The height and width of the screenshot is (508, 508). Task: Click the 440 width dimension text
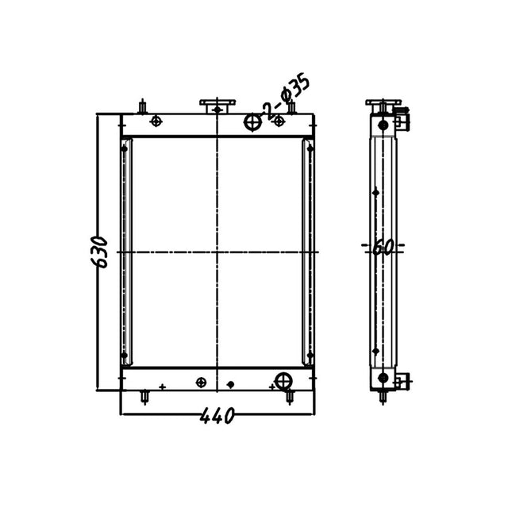point(216,415)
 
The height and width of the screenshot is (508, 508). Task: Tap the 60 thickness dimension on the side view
point(383,248)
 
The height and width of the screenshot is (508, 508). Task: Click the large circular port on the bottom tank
point(283,379)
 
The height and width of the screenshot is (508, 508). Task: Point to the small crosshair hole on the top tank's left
point(156,121)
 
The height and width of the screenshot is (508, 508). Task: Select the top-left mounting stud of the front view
point(142,106)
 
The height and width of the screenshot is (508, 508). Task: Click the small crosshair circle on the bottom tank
point(201,382)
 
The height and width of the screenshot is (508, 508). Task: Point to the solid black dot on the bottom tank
point(230,385)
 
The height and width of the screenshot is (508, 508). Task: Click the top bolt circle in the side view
point(383,125)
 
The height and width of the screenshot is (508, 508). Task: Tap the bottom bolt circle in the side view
point(383,377)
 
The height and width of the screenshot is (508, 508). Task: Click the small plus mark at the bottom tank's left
point(162,387)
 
